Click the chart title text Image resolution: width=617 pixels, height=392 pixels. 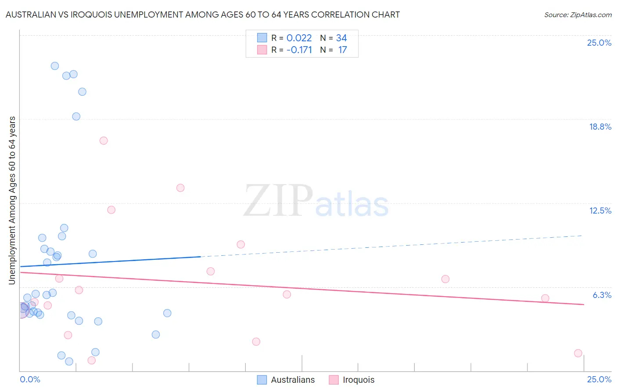pyautogui.click(x=202, y=15)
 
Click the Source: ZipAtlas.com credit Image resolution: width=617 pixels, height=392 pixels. pyautogui.click(x=578, y=15)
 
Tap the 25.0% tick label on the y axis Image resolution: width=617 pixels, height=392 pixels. pyautogui.click(x=599, y=43)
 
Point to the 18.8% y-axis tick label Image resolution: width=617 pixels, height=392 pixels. pyautogui.click(x=600, y=127)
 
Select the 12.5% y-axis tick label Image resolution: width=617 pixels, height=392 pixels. pyautogui.click(x=600, y=211)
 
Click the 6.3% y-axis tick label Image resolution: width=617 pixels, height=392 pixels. pyautogui.click(x=602, y=295)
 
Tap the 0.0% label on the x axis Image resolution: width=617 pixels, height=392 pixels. pyautogui.click(x=30, y=379)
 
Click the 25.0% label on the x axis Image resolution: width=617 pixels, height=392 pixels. pyautogui.click(x=599, y=379)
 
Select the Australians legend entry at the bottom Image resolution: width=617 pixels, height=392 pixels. pyautogui.click(x=286, y=380)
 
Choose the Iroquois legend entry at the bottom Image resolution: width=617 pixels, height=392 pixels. pyautogui.click(x=352, y=380)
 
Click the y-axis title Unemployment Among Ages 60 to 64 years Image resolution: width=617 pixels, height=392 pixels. pyautogui.click(x=12, y=200)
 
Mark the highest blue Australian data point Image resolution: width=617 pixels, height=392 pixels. pyautogui.click(x=55, y=66)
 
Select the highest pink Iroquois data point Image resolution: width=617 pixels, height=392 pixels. pyautogui.click(x=104, y=141)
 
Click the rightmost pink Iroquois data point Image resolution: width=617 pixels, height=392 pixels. pyautogui.click(x=578, y=353)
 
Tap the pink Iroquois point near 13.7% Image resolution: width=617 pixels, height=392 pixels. pyautogui.click(x=180, y=188)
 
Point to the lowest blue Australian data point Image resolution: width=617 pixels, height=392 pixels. pyautogui.click(x=69, y=361)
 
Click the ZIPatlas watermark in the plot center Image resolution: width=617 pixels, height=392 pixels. pyautogui.click(x=316, y=201)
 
